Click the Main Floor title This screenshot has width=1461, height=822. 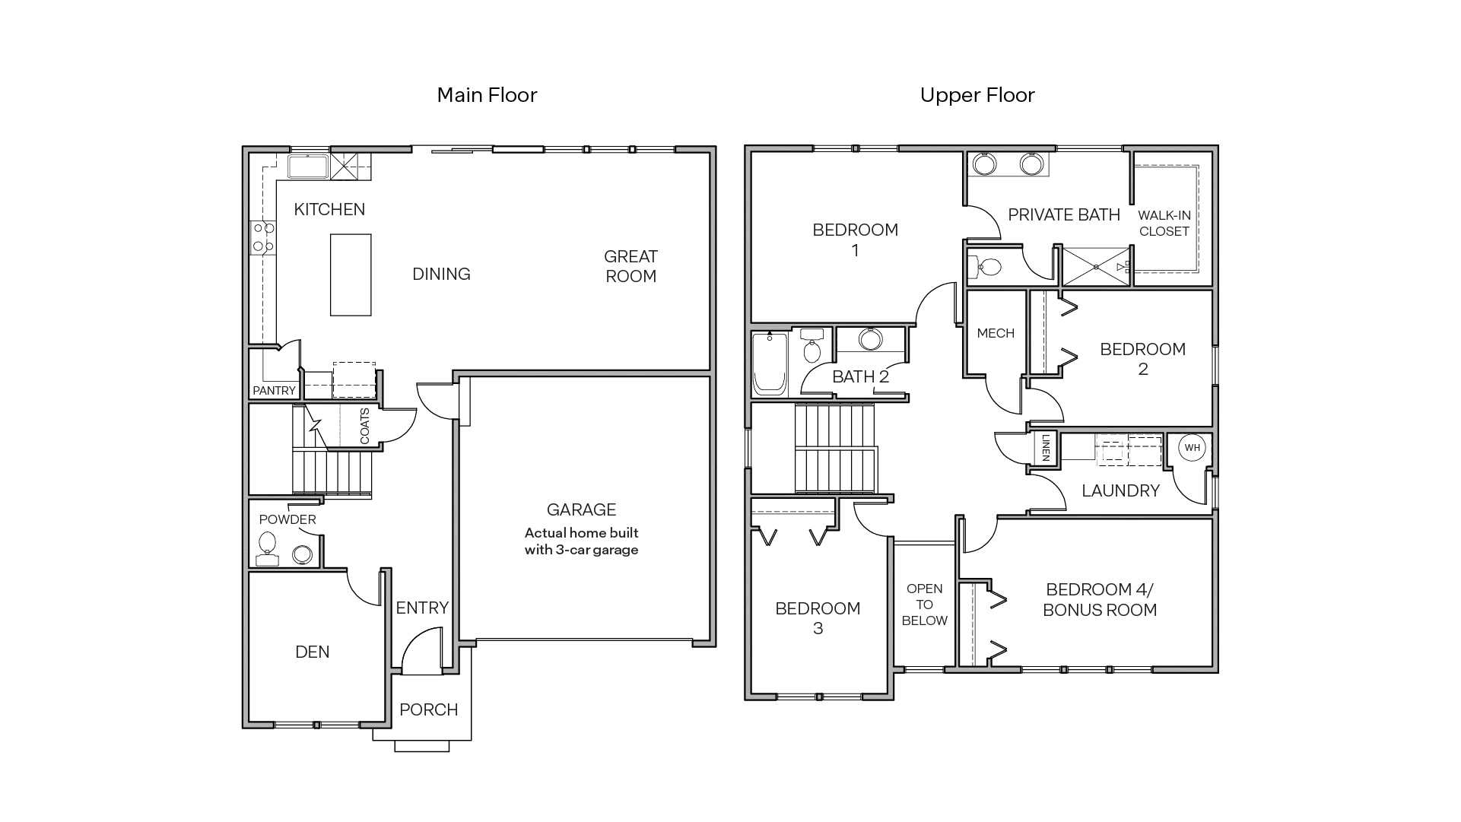point(487,95)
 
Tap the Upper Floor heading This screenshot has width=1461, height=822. point(977,95)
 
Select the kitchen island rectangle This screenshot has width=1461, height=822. point(351,275)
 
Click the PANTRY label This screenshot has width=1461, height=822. point(274,390)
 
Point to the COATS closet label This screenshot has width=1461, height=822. point(365,426)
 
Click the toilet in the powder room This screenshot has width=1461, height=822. point(267,544)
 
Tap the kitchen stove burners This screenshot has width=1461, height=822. point(263,236)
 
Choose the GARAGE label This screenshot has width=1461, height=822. point(581,509)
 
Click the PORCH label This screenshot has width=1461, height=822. point(429,709)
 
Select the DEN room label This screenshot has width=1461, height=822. point(312,652)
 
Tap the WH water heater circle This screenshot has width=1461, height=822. point(1192,447)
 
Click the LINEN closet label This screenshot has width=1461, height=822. point(1046,448)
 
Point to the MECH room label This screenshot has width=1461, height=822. point(996,333)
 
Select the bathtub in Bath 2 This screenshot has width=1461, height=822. point(770,364)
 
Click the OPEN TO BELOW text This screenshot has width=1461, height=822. point(924,605)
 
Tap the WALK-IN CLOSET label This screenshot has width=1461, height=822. point(1164,224)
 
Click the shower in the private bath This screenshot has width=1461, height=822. point(1095,266)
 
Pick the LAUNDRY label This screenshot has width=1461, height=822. point(1120,490)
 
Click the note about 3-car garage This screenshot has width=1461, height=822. point(581,541)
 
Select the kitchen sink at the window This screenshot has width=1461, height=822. point(308,167)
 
